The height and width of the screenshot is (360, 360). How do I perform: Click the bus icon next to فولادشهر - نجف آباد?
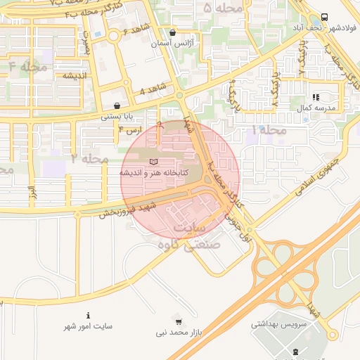(x=324, y=18)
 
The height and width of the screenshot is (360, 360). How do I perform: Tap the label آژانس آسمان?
(x=173, y=43)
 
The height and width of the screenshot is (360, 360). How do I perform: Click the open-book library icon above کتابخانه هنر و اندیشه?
(x=154, y=162)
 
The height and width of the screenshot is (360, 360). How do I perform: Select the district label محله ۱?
(x=269, y=130)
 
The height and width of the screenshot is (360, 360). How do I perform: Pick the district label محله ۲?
(x=89, y=159)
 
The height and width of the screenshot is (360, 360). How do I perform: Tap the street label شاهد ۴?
(x=152, y=91)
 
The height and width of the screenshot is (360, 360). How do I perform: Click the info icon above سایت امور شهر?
(x=88, y=315)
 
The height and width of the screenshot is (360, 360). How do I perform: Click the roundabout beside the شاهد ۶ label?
(x=113, y=35)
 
